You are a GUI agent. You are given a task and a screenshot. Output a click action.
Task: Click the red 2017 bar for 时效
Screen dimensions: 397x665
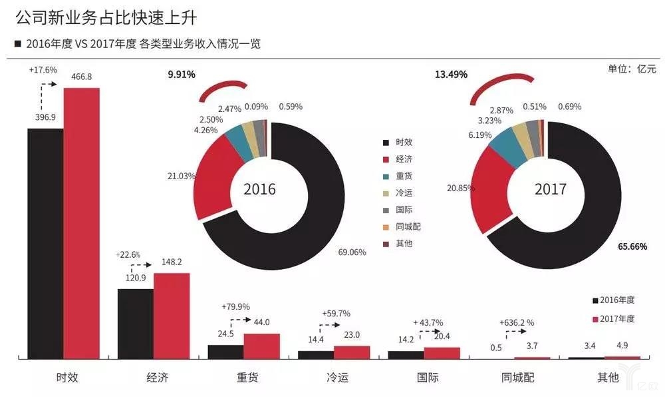[81, 223]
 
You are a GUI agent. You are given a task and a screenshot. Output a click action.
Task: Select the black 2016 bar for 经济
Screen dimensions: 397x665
[135, 324]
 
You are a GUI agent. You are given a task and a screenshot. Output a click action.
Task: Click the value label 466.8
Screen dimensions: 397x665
[81, 77]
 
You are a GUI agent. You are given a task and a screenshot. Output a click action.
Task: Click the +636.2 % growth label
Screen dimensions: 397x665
[517, 323]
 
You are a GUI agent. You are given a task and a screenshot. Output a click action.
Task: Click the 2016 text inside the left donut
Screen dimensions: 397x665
[259, 189]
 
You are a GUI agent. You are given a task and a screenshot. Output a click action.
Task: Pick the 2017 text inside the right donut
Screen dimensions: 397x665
[551, 189]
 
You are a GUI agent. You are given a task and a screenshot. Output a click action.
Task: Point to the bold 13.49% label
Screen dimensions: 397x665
[452, 74]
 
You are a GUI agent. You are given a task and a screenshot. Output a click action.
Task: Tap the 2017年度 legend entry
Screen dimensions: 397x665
[612, 318]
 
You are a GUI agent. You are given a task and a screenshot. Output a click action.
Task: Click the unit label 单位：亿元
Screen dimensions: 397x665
[632, 69]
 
